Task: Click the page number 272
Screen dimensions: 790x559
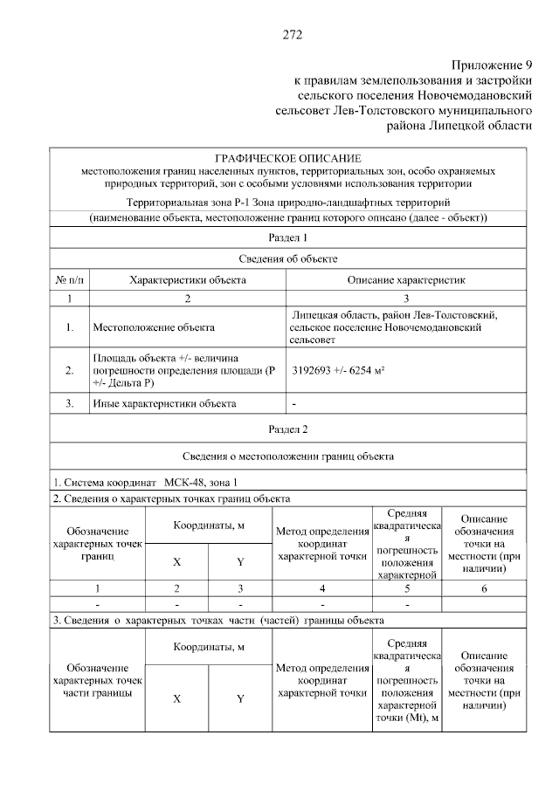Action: [292, 35]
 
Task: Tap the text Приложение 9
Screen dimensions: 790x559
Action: [492, 66]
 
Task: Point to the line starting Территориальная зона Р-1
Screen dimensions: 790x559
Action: [287, 202]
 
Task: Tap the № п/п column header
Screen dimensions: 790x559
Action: [68, 280]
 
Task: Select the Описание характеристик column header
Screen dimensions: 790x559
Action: [405, 280]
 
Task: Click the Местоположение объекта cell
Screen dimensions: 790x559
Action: [153, 328]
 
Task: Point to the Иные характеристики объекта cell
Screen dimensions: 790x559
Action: [163, 403]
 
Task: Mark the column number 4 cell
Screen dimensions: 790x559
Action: [322, 587]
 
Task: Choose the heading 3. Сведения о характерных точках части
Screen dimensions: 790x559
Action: [218, 621]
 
